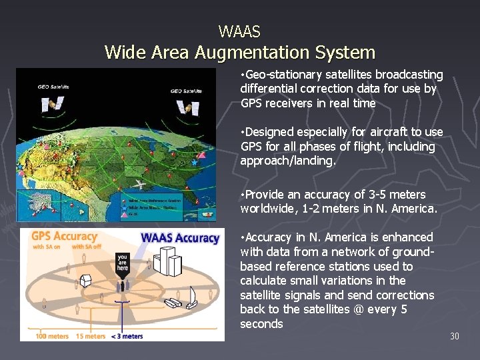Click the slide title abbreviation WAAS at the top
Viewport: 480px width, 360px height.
click(239, 31)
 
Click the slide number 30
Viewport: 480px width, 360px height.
click(454, 336)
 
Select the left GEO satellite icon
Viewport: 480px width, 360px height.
click(52, 103)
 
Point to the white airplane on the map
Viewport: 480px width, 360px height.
click(140, 184)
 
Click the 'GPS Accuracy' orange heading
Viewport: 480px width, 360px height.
click(64, 236)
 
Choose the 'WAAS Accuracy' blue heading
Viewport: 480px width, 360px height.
click(179, 238)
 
